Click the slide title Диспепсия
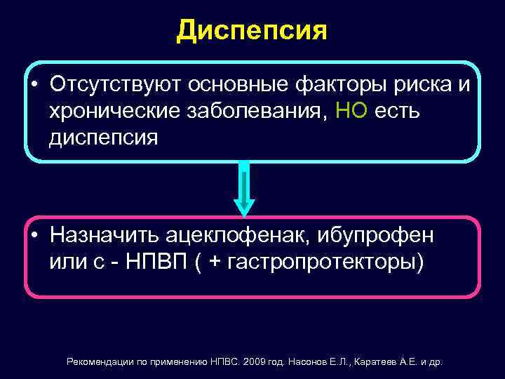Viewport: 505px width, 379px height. click(x=252, y=30)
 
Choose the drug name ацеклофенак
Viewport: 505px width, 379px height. click(x=238, y=234)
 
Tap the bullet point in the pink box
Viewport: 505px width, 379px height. click(x=35, y=234)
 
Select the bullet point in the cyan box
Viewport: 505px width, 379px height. click(x=35, y=85)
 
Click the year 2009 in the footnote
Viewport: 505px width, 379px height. click(x=257, y=362)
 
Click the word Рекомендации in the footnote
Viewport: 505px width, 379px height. click(x=99, y=362)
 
